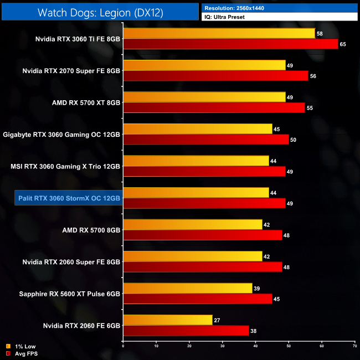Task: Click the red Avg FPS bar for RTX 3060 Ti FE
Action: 230,44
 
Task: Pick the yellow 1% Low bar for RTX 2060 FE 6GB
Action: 168,320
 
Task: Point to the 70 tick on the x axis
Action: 354,346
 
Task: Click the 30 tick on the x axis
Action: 222,346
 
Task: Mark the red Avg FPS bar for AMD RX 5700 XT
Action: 214,107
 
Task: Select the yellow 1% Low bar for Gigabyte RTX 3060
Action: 198,129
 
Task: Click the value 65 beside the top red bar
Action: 343,44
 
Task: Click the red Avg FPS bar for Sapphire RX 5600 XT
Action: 197,299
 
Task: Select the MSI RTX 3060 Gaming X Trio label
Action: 65,166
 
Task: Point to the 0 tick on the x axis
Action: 123,346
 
